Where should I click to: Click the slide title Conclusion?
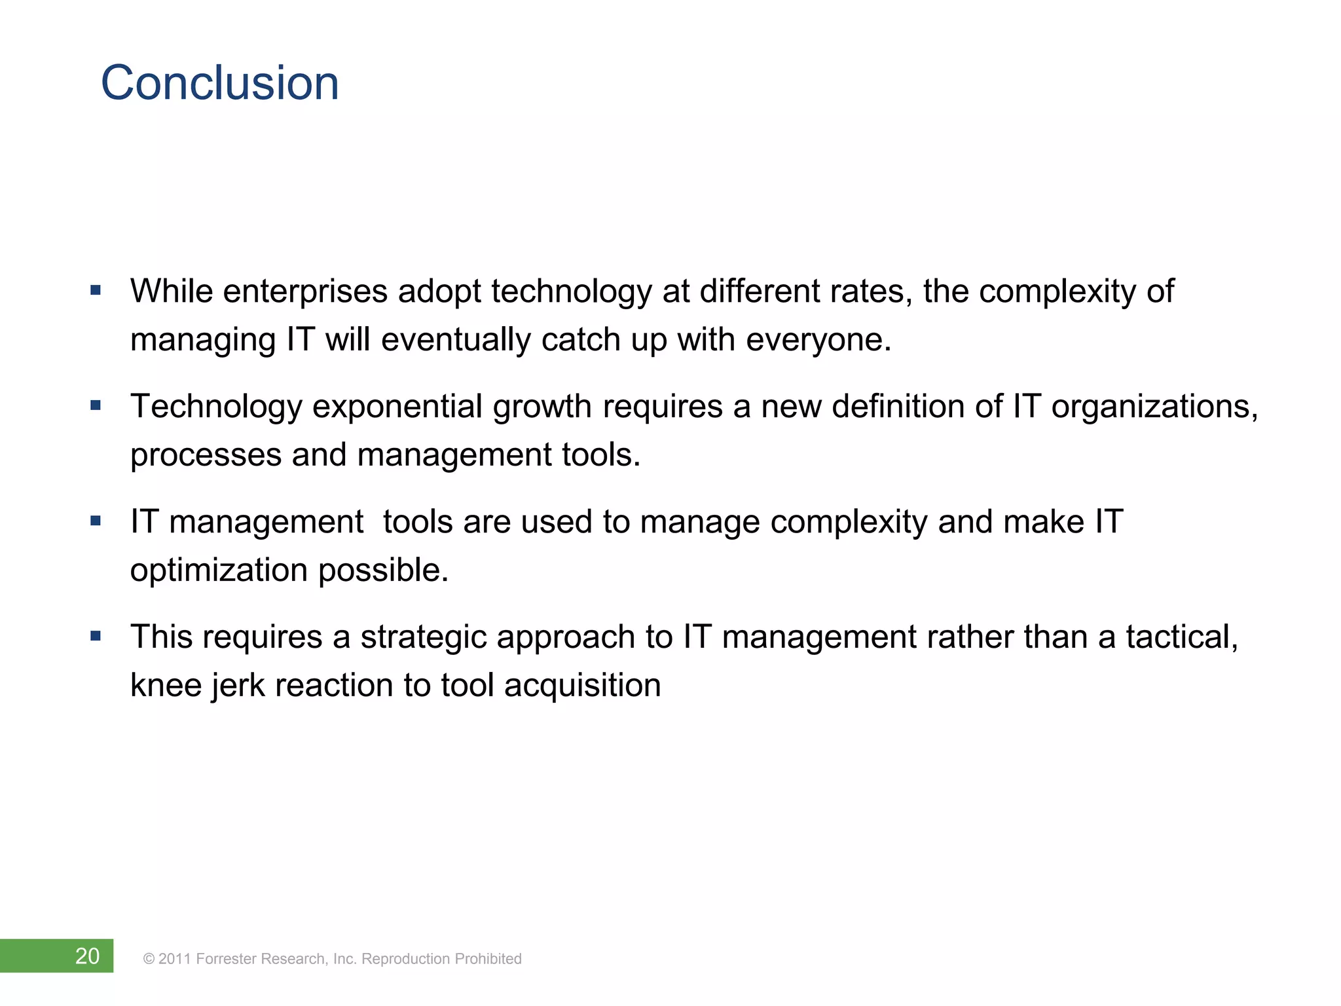(220, 83)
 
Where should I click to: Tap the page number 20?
(87, 956)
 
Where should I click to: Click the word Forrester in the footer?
(226, 959)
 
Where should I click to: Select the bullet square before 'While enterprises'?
(96, 290)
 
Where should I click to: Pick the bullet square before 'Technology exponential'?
(96, 405)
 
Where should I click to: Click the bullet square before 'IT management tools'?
(96, 521)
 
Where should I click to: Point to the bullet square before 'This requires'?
(96, 636)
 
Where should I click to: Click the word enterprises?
(305, 291)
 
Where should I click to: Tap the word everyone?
(818, 340)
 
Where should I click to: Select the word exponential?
(397, 407)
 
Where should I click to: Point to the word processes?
(206, 455)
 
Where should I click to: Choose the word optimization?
(219, 570)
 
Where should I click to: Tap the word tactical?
(1181, 637)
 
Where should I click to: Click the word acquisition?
(582, 686)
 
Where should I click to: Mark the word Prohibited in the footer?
(488, 959)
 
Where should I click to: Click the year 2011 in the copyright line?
(174, 959)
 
